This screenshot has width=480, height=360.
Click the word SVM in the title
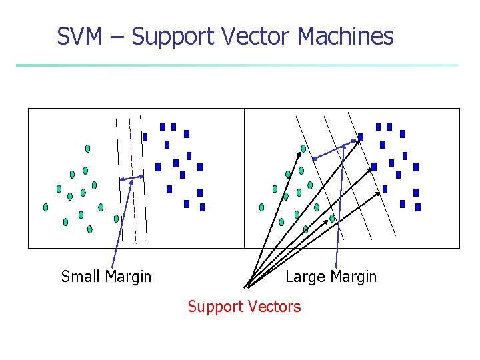(79, 36)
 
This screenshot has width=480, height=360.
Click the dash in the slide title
(117, 37)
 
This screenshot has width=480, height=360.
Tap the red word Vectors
(274, 307)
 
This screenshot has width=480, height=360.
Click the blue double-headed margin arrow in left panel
(131, 178)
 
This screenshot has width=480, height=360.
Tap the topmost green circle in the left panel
(87, 148)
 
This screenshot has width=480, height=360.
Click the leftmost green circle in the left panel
(46, 207)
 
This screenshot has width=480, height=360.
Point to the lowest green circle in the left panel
(90, 229)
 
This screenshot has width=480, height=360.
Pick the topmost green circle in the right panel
(303, 148)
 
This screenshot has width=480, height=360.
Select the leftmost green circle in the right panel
(261, 207)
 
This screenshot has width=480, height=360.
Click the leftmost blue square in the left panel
(145, 137)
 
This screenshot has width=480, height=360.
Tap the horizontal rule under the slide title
(237, 65)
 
